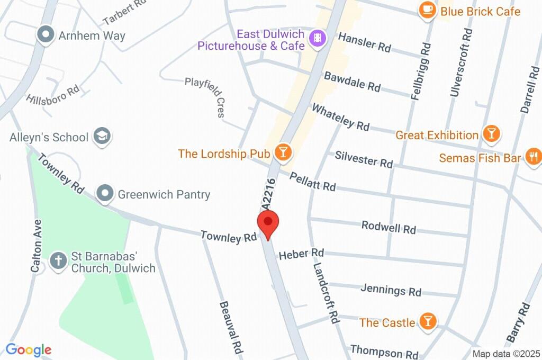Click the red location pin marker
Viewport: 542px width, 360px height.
tap(268, 224)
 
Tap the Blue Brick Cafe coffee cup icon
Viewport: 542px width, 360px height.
tap(427, 11)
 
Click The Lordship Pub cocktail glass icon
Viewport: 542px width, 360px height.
tap(283, 153)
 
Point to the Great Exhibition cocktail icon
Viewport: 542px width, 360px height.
tap(492, 134)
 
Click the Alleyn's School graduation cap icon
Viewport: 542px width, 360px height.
tap(101, 137)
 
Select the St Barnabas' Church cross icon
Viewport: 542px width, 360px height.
tap(57, 260)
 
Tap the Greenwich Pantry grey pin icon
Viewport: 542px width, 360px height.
tap(105, 194)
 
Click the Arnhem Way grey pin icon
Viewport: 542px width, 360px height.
tap(46, 35)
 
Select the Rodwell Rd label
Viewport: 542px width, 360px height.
tap(389, 227)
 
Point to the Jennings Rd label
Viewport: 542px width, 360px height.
tap(391, 290)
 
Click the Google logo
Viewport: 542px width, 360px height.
tap(29, 350)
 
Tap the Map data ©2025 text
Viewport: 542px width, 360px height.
tap(505, 354)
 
